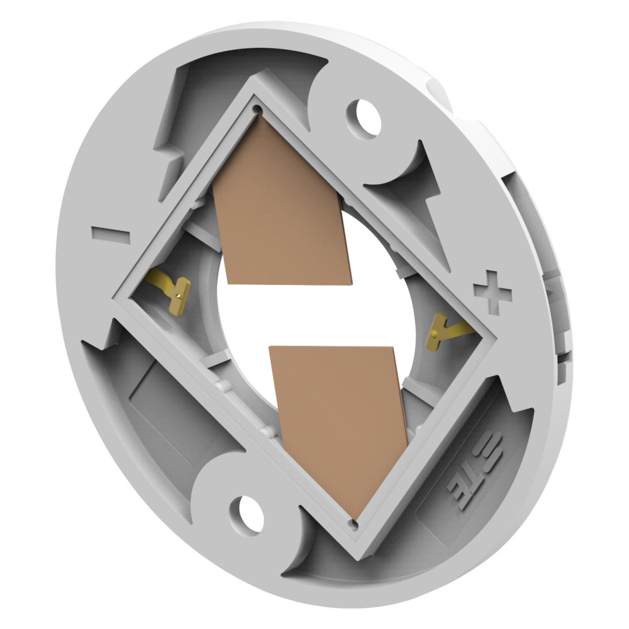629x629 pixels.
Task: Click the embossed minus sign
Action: pos(111,235)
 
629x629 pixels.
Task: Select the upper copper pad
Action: pos(281,204)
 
